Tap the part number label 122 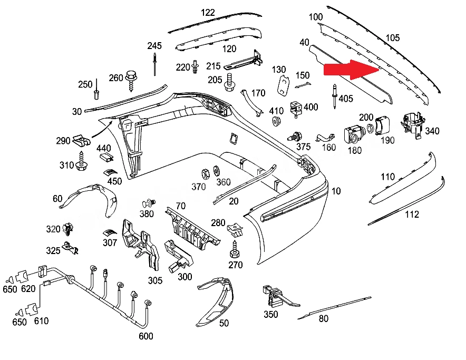coord(208,13)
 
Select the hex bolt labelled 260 coord(131,81)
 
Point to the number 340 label coord(432,131)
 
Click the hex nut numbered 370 coord(205,174)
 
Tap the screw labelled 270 coord(235,249)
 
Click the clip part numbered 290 coord(81,141)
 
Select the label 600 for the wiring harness coord(146,336)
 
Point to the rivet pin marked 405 coord(335,96)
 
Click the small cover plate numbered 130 coord(284,85)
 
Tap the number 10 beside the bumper coord(336,191)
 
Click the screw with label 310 coord(81,161)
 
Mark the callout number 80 coord(324,318)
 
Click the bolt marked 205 coord(230,83)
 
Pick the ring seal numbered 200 coord(370,129)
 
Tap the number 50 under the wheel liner coord(224,323)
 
